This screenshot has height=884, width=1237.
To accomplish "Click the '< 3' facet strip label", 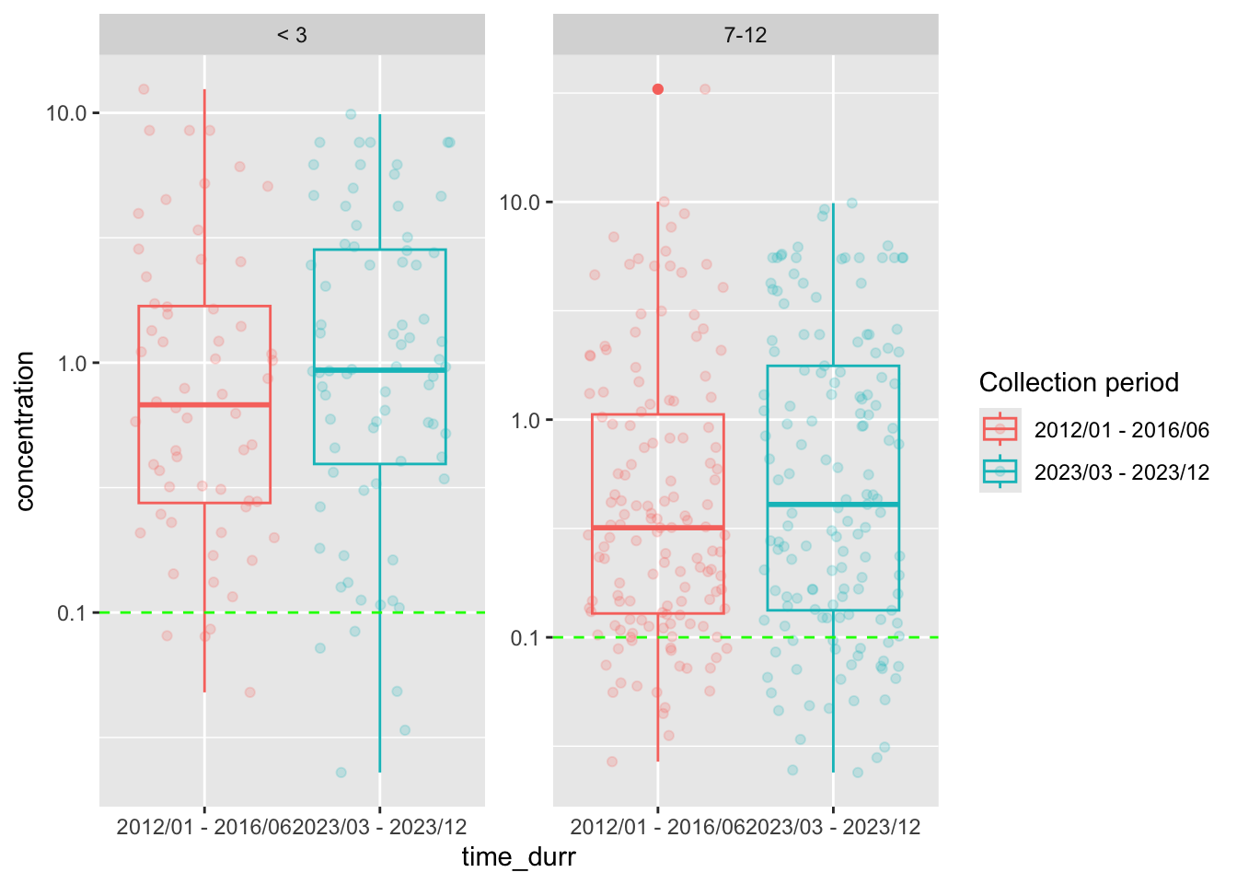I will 292,35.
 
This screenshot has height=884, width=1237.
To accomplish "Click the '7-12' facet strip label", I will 746,35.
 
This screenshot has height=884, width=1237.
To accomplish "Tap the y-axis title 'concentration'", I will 26,431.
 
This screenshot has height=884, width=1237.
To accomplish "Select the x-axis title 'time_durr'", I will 518,857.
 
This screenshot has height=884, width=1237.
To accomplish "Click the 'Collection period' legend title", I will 1079,383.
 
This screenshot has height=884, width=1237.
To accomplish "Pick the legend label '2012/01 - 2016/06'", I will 1121,429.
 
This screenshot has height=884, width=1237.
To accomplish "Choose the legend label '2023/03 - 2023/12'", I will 1121,472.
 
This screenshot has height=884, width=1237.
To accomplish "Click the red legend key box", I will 1000,429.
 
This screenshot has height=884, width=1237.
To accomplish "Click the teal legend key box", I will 1000,472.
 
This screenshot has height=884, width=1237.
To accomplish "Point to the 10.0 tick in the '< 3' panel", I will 66,113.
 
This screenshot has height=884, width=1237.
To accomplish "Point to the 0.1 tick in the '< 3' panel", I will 71,613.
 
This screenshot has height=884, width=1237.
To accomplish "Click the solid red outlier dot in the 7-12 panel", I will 658,89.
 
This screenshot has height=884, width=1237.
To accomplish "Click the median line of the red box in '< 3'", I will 204,404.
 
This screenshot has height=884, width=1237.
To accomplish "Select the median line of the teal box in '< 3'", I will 380,370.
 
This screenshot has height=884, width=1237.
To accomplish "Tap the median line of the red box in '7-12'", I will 658,528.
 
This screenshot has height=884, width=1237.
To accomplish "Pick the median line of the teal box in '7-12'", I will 834,505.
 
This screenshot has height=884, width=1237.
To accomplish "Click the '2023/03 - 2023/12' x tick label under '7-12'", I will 834,827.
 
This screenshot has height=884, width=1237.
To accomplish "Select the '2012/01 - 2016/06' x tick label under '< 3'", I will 203,827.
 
